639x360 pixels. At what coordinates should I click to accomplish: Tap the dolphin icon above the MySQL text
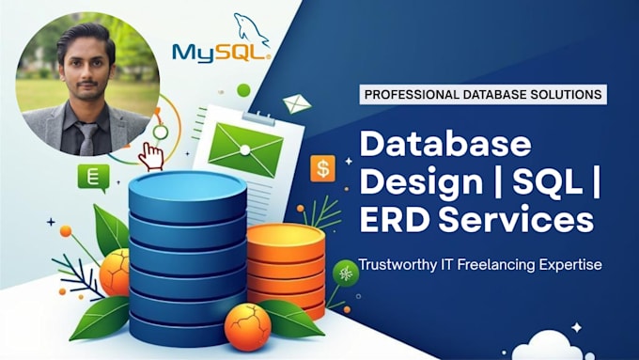pyautogui.click(x=252, y=28)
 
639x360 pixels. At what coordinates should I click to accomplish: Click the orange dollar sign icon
pyautogui.click(x=322, y=168)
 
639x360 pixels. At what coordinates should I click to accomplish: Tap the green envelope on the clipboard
pyautogui.click(x=245, y=150)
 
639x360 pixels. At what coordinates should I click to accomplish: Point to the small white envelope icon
pyautogui.click(x=297, y=103)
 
